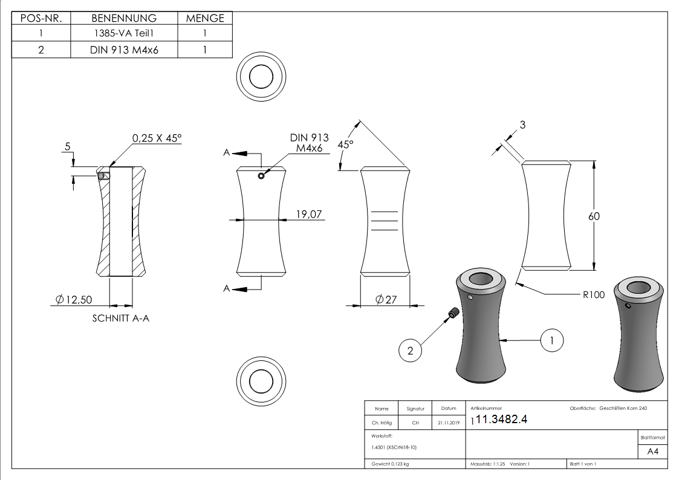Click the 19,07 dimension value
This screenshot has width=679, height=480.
[x=308, y=214]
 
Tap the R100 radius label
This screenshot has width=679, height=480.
[x=594, y=294]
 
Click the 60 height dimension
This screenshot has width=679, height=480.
[x=595, y=216]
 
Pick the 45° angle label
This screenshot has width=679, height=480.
[x=345, y=145]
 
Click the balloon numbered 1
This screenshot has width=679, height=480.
[x=551, y=340]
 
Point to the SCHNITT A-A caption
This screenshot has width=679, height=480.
[x=120, y=319]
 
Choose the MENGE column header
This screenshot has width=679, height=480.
[x=205, y=18]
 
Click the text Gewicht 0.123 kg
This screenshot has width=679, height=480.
[x=388, y=464]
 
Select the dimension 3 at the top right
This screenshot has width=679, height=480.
[x=522, y=125]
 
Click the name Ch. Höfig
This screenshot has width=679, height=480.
[x=382, y=423]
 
